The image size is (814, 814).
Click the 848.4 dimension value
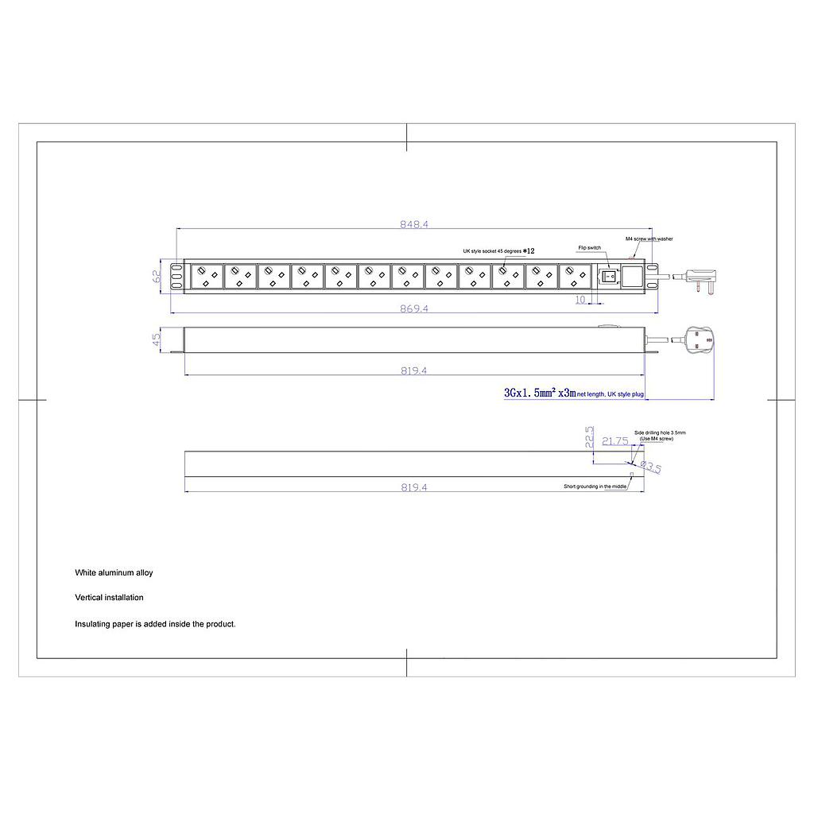click(414, 225)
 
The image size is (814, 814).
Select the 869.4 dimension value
click(414, 308)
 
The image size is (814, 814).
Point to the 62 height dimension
click(157, 277)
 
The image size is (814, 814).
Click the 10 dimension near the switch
click(579, 300)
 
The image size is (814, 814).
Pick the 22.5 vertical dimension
click(590, 438)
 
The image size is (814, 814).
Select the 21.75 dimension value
click(615, 441)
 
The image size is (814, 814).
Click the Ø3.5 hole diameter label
click(651, 467)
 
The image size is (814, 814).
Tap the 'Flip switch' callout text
click(589, 248)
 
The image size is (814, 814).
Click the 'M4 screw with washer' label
click(649, 238)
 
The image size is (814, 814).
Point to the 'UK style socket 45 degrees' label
click(492, 251)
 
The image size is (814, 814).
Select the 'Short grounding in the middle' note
click(595, 486)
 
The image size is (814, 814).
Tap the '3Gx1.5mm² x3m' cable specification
click(540, 393)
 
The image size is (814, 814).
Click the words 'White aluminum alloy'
click(114, 572)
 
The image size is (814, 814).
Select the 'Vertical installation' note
click(109, 598)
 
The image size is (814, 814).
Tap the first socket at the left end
click(206, 277)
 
